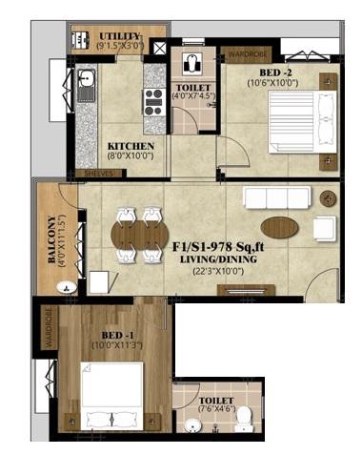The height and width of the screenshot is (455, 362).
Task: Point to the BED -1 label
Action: click(x=111, y=335)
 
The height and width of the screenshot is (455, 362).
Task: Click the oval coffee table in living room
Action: click(x=279, y=227)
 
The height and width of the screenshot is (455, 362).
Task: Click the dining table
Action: click(x=139, y=235)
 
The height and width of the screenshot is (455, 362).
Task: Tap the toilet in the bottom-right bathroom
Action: click(x=243, y=417)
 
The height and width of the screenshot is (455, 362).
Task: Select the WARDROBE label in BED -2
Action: click(x=246, y=53)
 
